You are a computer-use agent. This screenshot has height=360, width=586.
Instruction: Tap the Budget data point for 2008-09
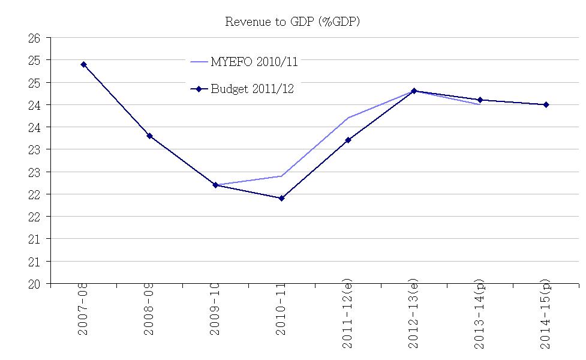[149, 136]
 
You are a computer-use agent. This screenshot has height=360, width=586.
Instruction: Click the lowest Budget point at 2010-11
[281, 198]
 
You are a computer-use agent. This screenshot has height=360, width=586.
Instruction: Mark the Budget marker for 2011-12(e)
[348, 140]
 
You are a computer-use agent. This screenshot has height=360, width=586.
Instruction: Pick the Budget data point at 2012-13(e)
[414, 91]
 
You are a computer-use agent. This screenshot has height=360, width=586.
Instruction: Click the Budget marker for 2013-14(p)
[480, 100]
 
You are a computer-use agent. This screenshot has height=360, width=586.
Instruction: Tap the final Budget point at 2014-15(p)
[546, 104]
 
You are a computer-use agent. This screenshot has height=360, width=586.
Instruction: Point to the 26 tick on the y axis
[34, 38]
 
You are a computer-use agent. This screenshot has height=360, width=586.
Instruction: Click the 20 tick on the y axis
[34, 284]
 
